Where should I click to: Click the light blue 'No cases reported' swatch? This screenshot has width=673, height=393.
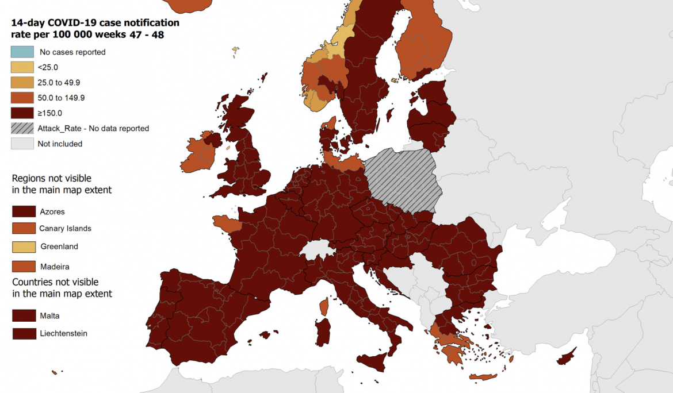[22, 52]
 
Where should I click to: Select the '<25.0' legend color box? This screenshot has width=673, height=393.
[22, 67]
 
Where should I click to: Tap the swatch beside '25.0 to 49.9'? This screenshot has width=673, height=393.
[22, 83]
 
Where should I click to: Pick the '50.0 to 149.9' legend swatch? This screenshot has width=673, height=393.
[22, 98]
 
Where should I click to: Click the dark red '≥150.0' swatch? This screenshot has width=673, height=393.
[22, 113]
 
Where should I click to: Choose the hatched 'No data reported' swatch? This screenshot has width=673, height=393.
[22, 128]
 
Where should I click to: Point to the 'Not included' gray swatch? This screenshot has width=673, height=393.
[22, 144]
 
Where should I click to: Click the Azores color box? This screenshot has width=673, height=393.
[24, 211]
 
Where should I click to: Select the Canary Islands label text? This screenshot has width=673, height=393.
[65, 228]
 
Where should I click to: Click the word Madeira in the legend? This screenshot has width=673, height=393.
[55, 267]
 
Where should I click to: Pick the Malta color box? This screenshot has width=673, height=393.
[24, 315]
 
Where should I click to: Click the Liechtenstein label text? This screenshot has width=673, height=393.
[63, 333]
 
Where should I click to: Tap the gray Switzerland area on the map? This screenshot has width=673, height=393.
[315, 251]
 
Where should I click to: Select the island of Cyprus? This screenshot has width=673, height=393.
[566, 357]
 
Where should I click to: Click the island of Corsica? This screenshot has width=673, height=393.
[324, 306]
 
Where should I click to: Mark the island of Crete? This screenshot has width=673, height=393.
[483, 377]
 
